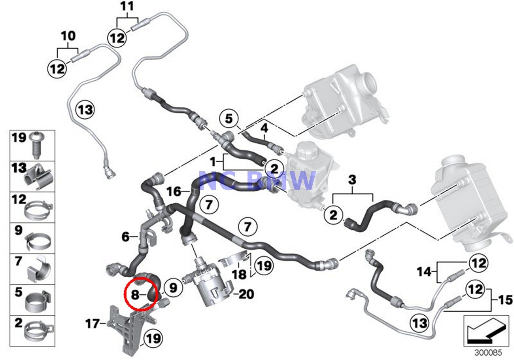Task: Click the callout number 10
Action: pyautogui.click(x=68, y=36)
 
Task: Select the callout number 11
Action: pyautogui.click(x=127, y=7)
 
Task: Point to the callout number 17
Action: pyautogui.click(x=93, y=324)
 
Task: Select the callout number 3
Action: pyautogui.click(x=352, y=180)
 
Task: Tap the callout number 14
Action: pyautogui.click(x=424, y=272)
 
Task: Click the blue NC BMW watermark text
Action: pyautogui.click(x=257, y=180)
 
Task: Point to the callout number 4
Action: pyautogui.click(x=264, y=129)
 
